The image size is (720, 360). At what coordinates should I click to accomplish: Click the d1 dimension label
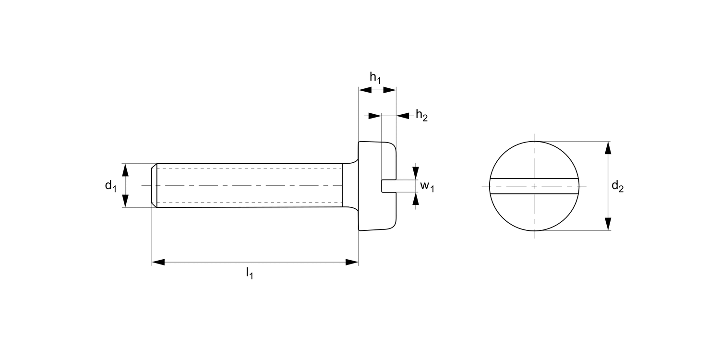(111, 186)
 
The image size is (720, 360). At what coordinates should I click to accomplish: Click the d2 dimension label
(617, 187)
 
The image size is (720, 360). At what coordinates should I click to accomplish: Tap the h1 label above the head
(375, 77)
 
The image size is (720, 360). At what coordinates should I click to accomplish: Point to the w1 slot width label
(427, 186)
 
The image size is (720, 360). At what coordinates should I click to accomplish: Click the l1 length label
(250, 274)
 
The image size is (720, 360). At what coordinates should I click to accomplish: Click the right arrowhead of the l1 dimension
(352, 262)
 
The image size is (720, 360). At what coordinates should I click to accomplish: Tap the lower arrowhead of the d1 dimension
(126, 201)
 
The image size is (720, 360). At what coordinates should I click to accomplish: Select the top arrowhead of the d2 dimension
(608, 148)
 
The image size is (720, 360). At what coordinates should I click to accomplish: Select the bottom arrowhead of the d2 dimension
(608, 224)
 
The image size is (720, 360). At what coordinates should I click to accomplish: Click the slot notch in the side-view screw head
(388, 186)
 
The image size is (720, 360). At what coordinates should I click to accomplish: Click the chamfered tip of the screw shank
(154, 186)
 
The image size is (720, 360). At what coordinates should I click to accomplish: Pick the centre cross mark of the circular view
(534, 186)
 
